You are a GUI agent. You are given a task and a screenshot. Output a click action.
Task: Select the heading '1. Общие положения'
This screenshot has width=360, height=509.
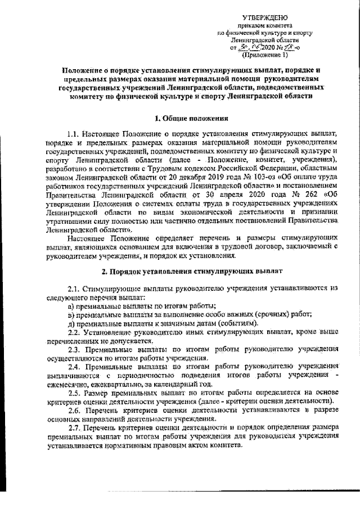click(187, 119)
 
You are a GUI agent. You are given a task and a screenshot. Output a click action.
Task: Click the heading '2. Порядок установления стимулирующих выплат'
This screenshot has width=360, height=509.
click(187, 271)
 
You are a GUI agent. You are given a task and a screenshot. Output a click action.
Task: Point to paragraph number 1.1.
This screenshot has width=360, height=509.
click(74, 135)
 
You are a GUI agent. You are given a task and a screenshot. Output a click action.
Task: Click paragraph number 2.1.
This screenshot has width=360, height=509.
click(74, 287)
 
